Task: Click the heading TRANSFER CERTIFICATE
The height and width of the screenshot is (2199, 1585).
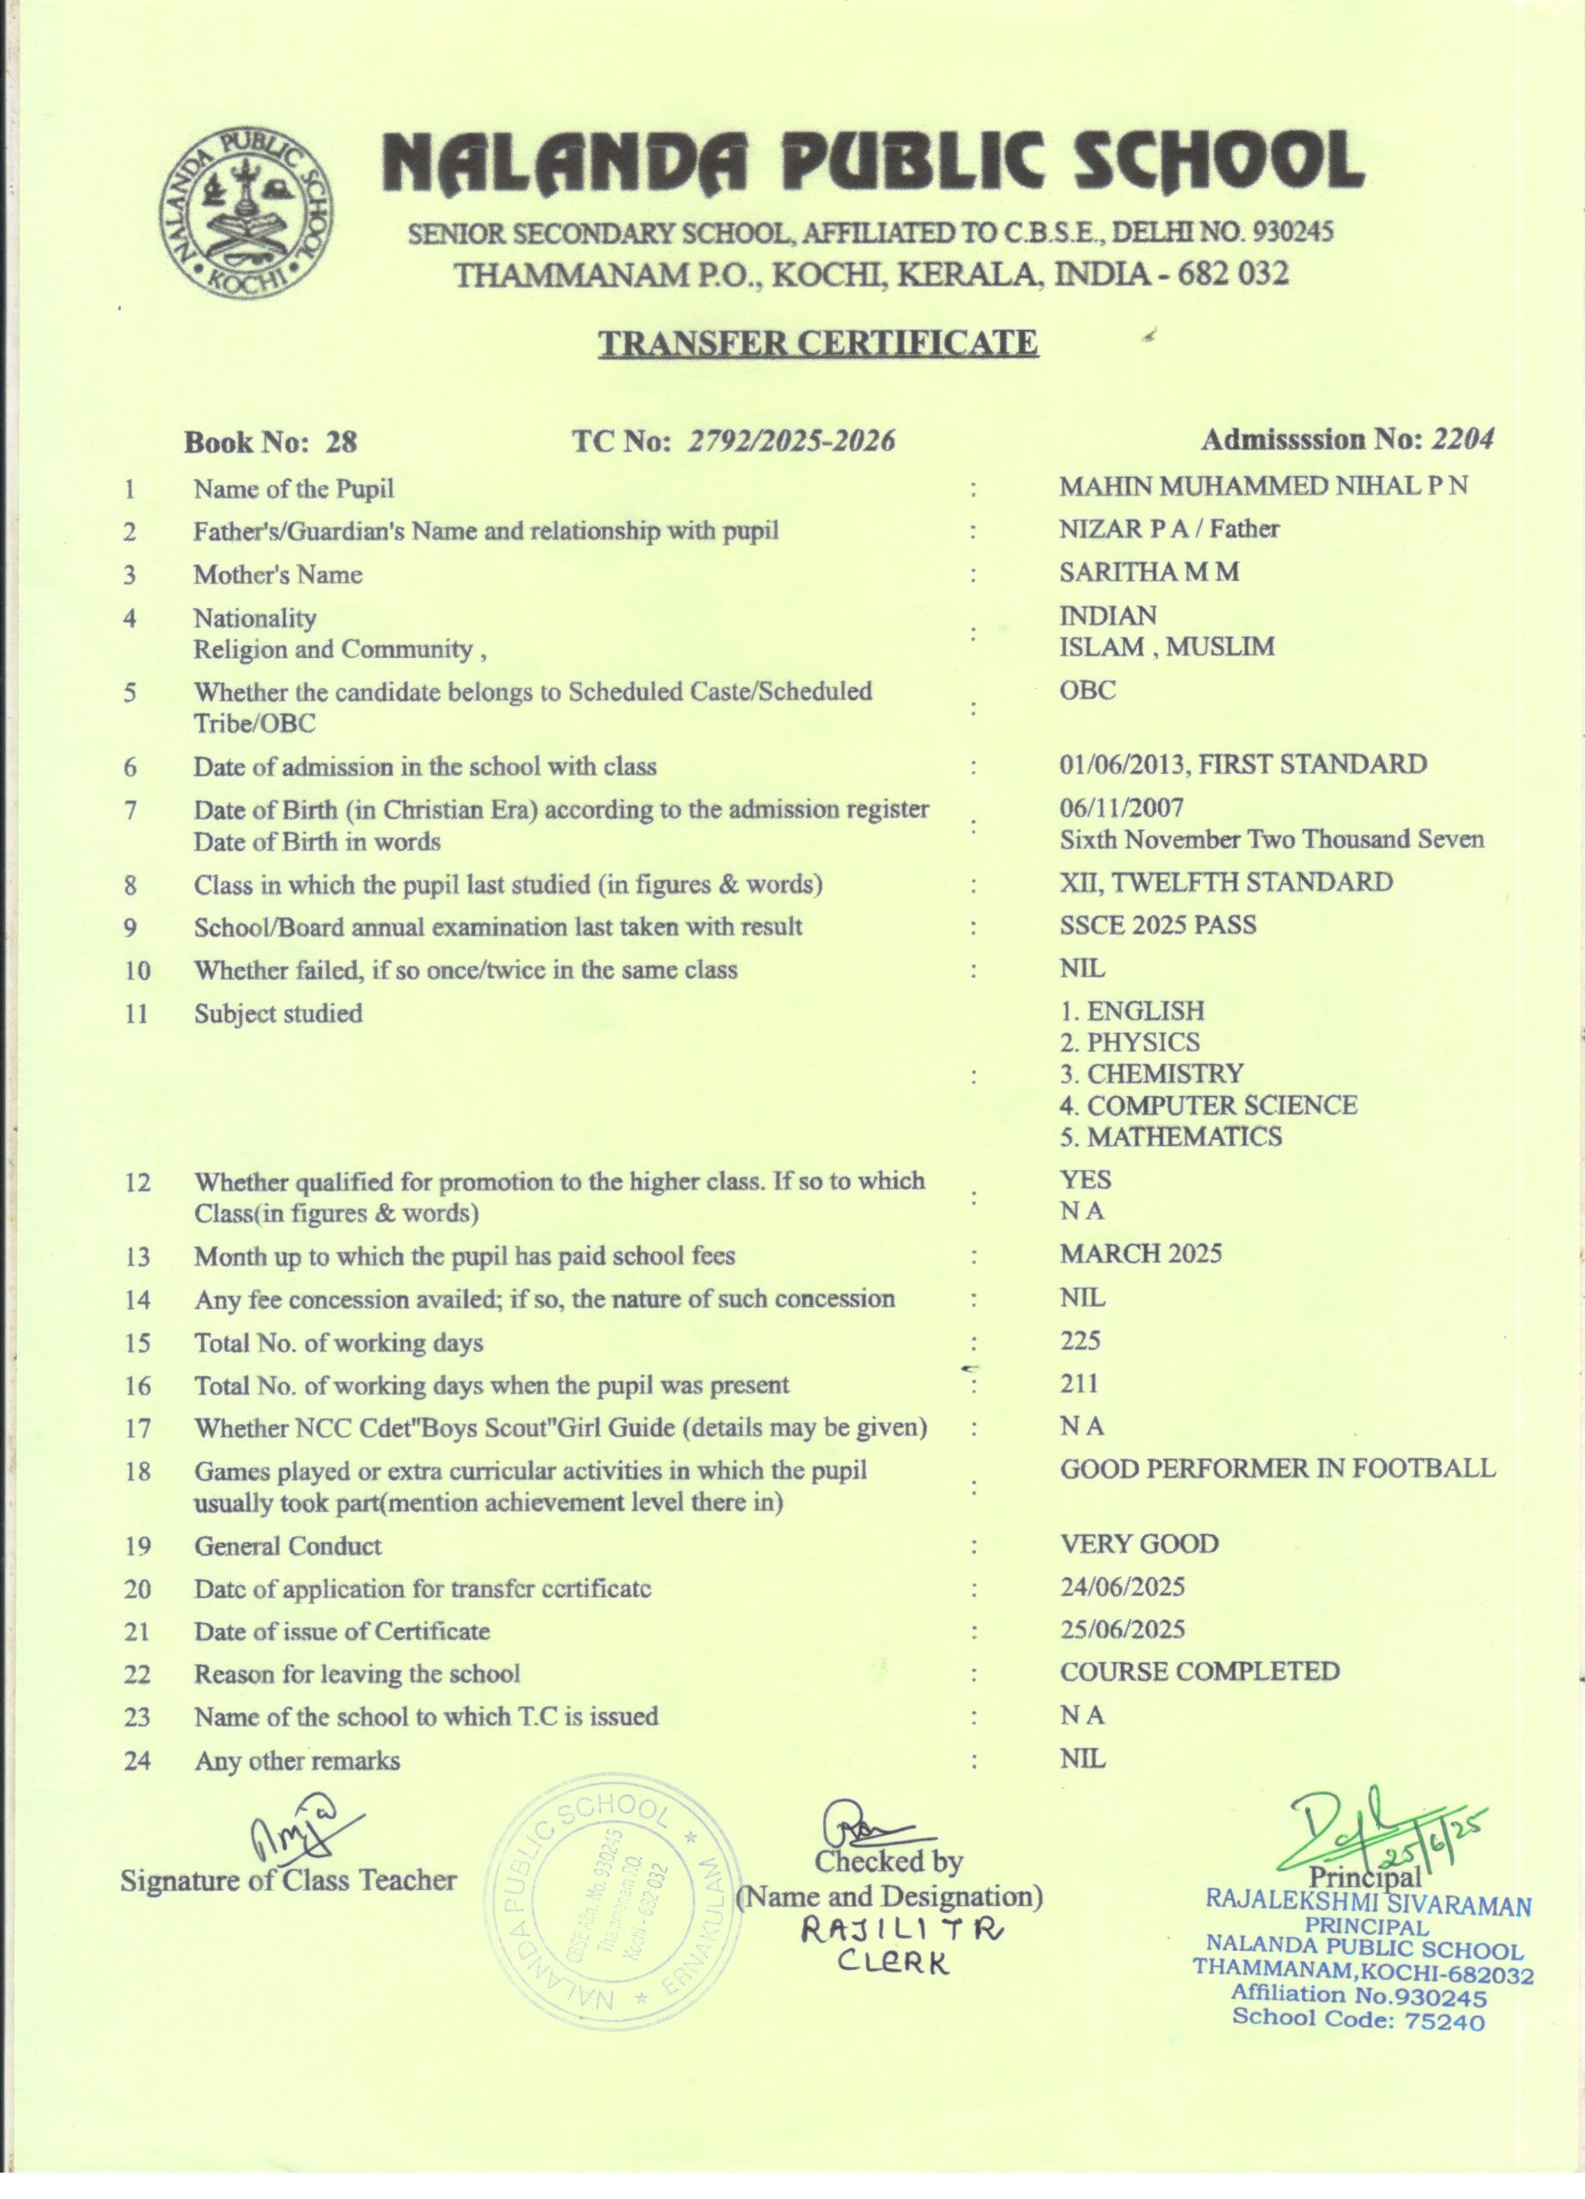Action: click(x=818, y=344)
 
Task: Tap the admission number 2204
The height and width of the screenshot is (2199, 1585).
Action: click(x=1463, y=439)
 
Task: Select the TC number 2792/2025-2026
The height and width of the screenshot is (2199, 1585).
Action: click(x=790, y=442)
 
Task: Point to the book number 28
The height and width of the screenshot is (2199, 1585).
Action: click(x=341, y=443)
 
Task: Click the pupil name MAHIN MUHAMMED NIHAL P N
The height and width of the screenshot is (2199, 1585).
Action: click(x=1262, y=486)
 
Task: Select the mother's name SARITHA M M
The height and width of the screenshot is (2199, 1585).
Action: click(x=1149, y=572)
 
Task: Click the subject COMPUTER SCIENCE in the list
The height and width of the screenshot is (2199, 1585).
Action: click(x=1222, y=1106)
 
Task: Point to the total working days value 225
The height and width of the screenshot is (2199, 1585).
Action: click(x=1080, y=1340)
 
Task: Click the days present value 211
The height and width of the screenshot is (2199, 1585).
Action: click(x=1079, y=1384)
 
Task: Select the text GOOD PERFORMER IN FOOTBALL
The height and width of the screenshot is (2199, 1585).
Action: click(x=1277, y=1468)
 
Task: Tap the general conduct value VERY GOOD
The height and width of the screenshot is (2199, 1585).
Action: click(x=1139, y=1544)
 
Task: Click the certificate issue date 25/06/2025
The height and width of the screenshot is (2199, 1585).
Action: click(x=1122, y=1629)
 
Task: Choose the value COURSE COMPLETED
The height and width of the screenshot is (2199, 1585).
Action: click(x=1199, y=1672)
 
